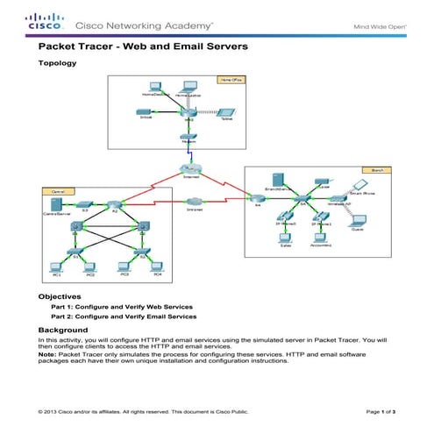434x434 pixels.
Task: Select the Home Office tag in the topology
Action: tap(229, 80)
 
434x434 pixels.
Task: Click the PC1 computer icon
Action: tap(54, 265)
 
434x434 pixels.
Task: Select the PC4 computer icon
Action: tap(157, 265)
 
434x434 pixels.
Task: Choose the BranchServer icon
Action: tap(278, 182)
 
